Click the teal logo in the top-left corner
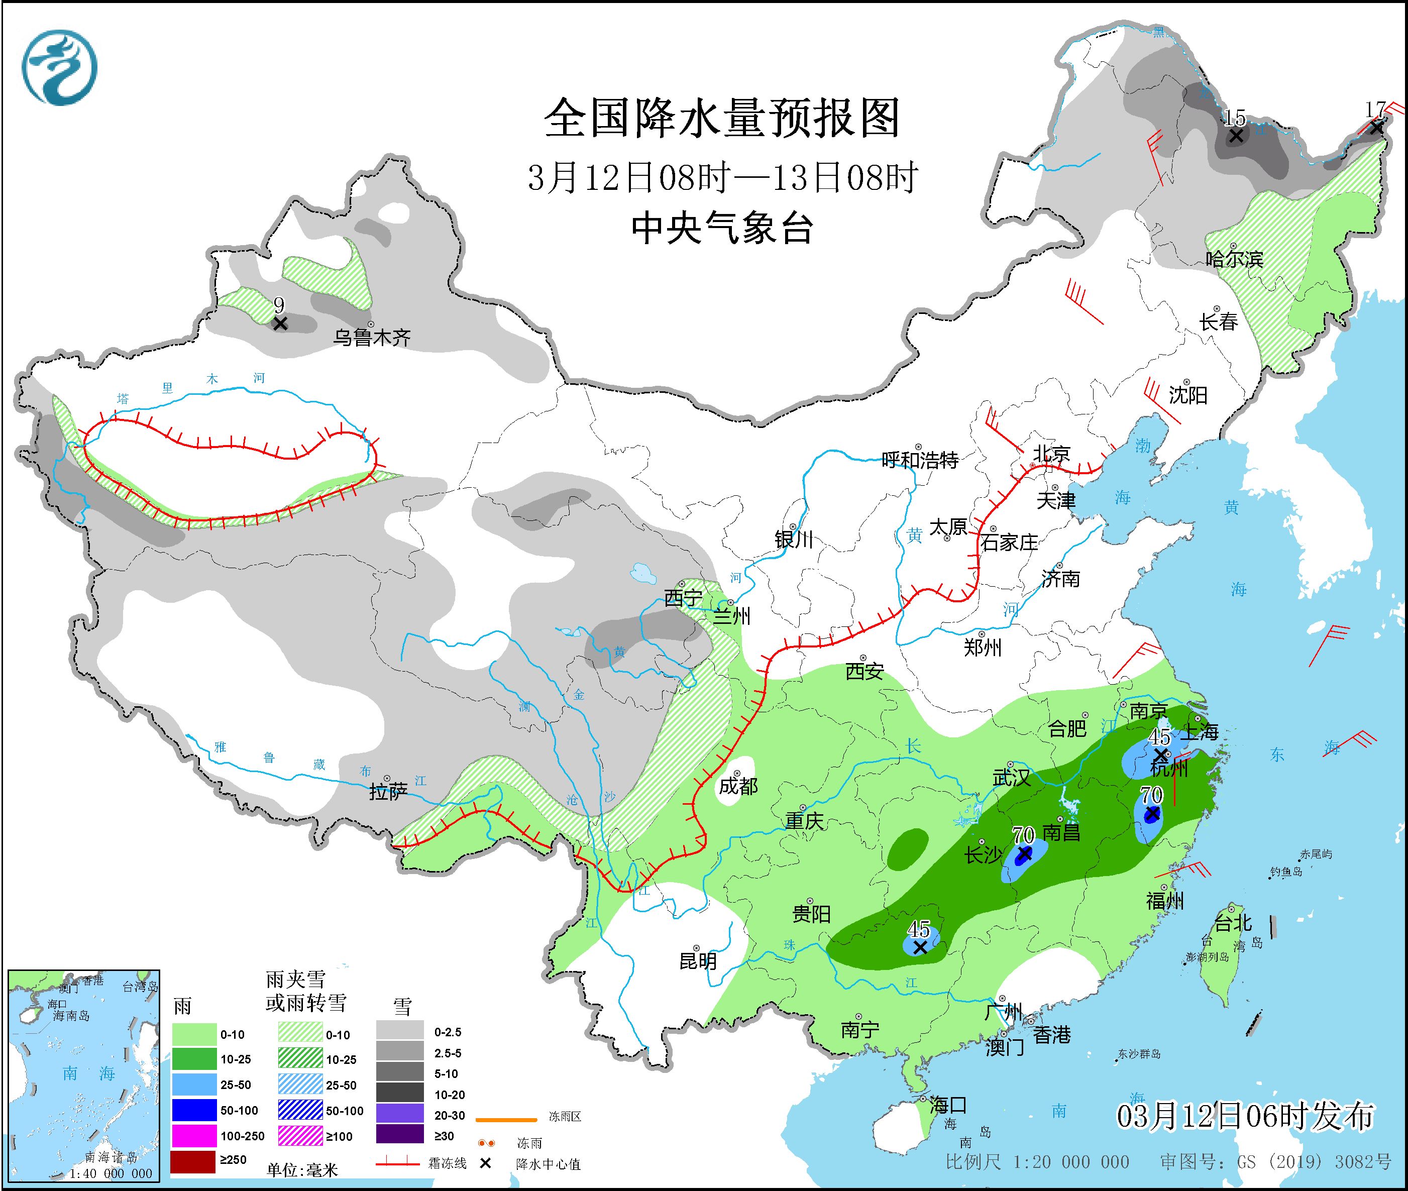click(x=59, y=67)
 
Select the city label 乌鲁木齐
click(x=371, y=337)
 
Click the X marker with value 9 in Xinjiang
click(x=280, y=323)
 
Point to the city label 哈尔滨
click(x=1234, y=259)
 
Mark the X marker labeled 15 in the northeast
click(x=1235, y=136)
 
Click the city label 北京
click(x=1051, y=455)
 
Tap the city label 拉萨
click(x=388, y=792)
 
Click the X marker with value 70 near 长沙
click(x=1024, y=854)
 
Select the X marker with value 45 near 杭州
click(x=1160, y=753)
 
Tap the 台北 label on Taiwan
click(x=1233, y=923)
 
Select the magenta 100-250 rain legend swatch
click(x=192, y=1136)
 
